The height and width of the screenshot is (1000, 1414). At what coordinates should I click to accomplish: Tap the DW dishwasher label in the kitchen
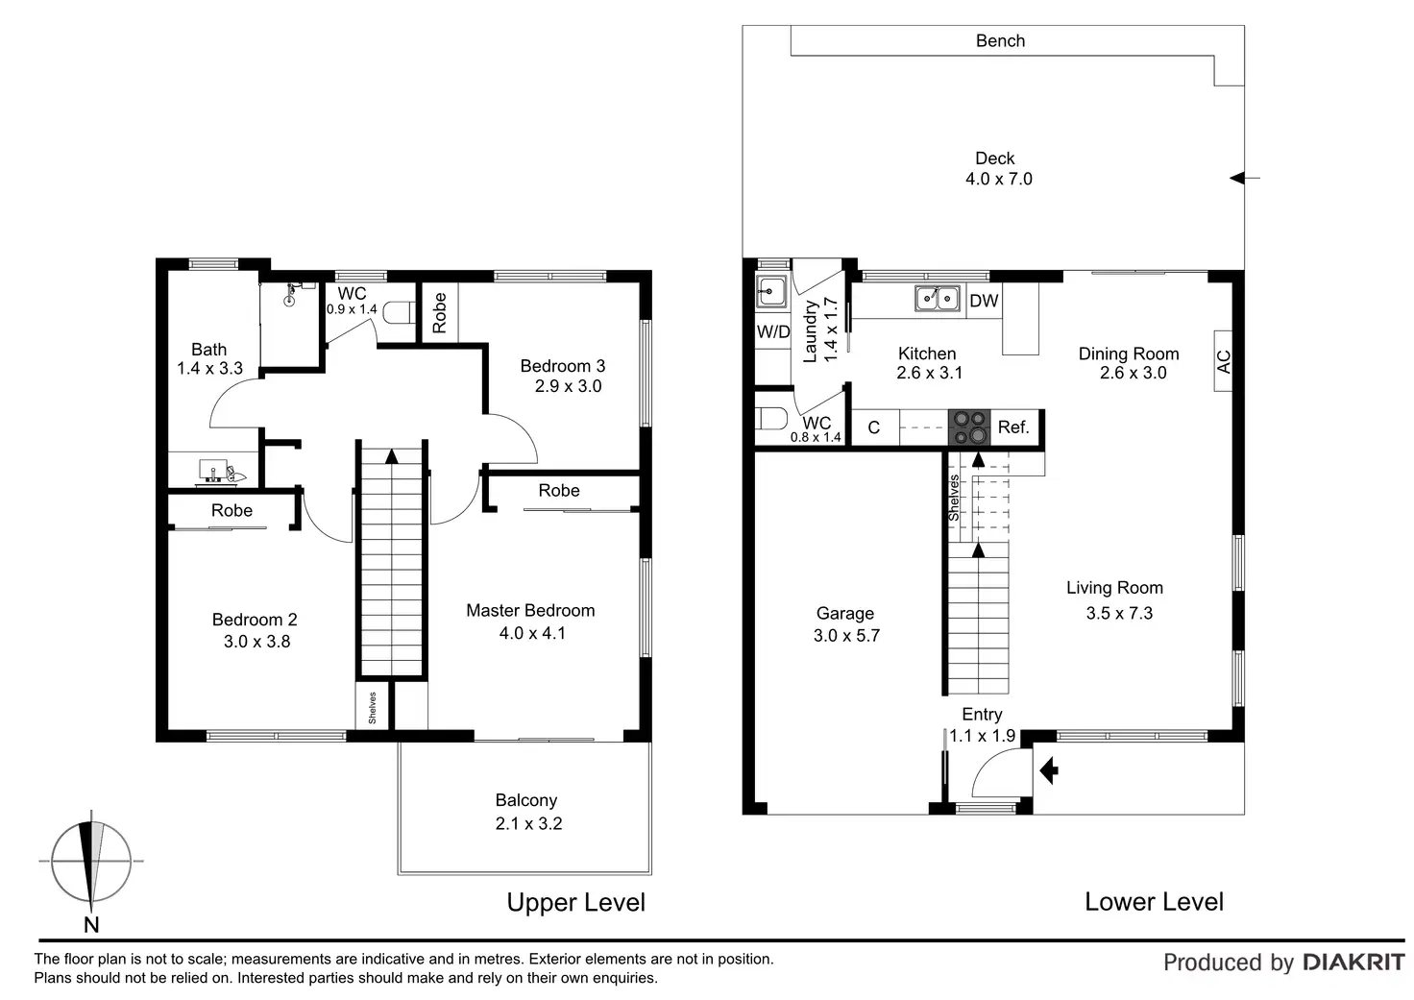(x=984, y=301)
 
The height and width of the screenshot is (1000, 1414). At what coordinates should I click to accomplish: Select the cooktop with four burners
(x=969, y=427)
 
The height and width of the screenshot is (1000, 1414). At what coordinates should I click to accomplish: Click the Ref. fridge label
(x=1013, y=427)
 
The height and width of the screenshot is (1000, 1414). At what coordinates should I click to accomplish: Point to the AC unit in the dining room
(x=1223, y=361)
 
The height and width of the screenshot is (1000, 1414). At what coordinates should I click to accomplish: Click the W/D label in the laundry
(x=772, y=332)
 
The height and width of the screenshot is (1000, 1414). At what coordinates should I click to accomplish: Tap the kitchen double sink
(x=937, y=299)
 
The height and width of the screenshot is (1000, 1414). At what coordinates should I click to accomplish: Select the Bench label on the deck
(x=1000, y=40)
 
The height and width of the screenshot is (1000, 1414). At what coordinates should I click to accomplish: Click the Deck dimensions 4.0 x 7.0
(x=998, y=179)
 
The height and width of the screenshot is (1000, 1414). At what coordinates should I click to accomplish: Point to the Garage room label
(x=844, y=613)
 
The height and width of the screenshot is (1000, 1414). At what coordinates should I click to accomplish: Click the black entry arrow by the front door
(x=1048, y=768)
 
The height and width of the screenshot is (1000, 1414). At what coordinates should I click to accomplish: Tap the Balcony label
(x=525, y=800)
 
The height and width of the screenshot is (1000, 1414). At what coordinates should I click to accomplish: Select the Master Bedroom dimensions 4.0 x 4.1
(x=531, y=633)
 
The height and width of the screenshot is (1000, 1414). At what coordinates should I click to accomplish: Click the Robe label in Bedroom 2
(x=232, y=510)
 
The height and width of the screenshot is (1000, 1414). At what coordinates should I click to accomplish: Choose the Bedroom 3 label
(x=562, y=366)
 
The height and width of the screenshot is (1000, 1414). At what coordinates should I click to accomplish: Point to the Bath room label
(x=208, y=350)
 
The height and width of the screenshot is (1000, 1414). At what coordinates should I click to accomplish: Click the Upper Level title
(x=575, y=902)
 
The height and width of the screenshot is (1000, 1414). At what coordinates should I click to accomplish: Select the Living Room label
(x=1114, y=588)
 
